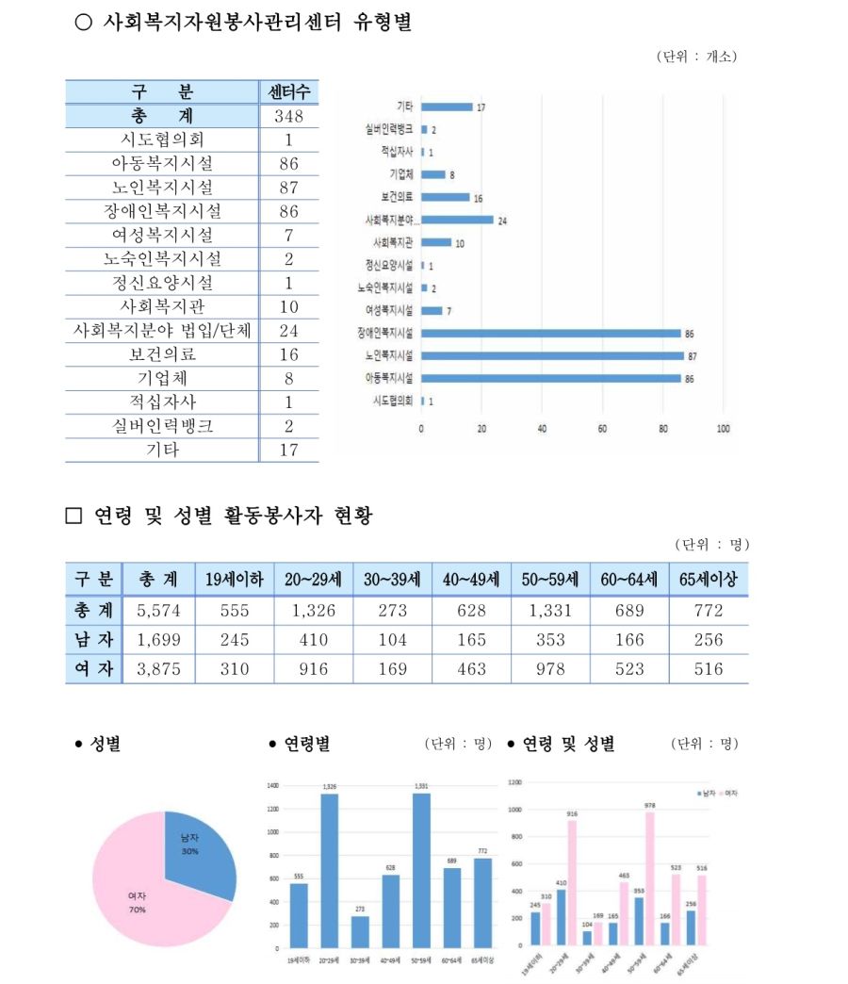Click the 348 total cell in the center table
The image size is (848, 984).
coord(288,116)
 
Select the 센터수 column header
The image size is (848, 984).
coord(288,92)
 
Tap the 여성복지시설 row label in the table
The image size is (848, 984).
coord(162,235)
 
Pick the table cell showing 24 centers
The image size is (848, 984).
coord(288,331)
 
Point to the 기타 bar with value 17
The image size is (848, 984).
coord(447,107)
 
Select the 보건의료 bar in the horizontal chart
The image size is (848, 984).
coord(445,197)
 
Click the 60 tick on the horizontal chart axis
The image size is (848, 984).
coord(602,428)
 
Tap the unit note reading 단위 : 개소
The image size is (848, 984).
coord(697,57)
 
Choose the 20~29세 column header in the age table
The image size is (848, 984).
coord(313,579)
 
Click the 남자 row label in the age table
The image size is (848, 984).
coord(93,640)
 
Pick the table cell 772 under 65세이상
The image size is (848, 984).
coord(708,610)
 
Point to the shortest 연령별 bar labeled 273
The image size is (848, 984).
coord(360,931)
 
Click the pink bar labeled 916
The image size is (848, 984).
coord(572,882)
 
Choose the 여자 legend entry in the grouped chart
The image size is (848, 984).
coord(727,794)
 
